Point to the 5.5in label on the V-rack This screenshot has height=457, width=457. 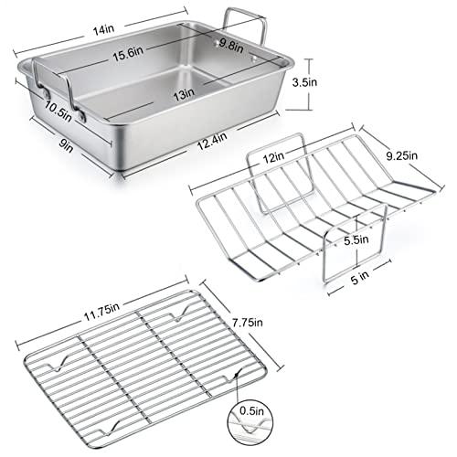[355, 239]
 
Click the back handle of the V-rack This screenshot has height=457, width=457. [279, 165]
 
